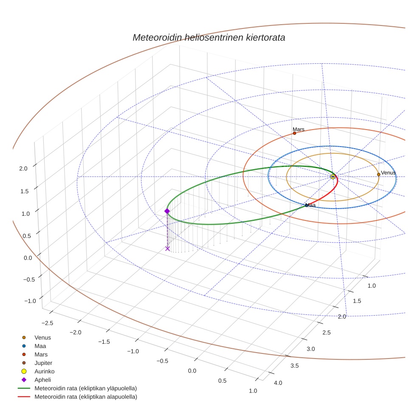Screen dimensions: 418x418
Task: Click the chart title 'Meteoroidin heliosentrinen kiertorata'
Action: click(x=209, y=37)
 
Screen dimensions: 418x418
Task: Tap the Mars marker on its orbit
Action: click(x=294, y=133)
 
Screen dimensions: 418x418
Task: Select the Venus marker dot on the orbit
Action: click(x=378, y=175)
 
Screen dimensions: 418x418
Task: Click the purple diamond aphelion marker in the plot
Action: click(x=167, y=211)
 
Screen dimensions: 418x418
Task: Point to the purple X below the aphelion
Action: click(x=167, y=249)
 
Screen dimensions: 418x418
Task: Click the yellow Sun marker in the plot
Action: click(x=333, y=176)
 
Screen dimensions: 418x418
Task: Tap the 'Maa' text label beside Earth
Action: click(x=311, y=205)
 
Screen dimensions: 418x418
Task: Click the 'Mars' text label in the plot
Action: click(x=299, y=129)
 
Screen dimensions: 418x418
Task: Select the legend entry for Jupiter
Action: click(x=43, y=363)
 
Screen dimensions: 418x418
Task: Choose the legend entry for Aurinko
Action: click(x=44, y=371)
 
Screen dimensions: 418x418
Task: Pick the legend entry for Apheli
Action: click(x=42, y=380)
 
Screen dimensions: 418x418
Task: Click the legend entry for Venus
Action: click(x=42, y=338)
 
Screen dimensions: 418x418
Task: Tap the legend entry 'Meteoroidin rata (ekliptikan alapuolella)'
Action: click(x=85, y=397)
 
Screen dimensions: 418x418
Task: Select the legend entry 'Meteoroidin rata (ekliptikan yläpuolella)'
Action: click(x=85, y=388)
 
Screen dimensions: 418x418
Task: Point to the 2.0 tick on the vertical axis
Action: click(x=23, y=168)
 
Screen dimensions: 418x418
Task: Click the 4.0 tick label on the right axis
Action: click(x=278, y=383)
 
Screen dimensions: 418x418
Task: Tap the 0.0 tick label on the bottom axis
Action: click(x=192, y=371)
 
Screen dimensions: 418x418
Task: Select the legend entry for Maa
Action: click(x=40, y=346)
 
